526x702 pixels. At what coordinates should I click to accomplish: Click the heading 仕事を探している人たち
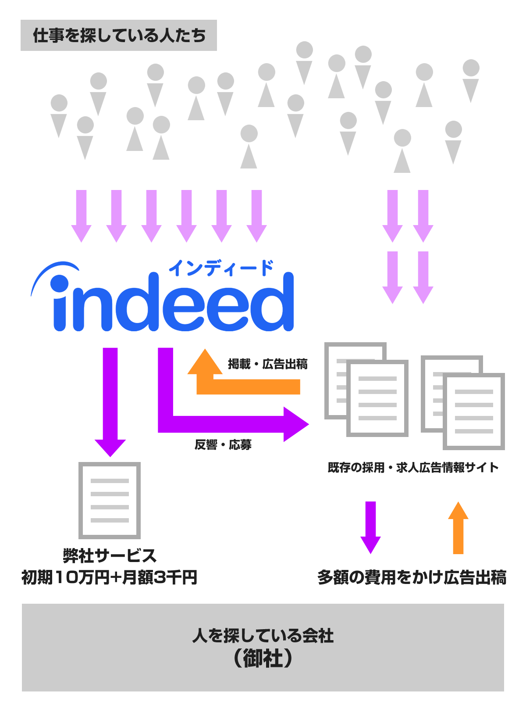click(x=119, y=36)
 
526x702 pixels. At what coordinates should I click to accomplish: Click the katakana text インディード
click(x=221, y=268)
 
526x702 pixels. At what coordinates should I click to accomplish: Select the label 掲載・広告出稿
click(x=267, y=364)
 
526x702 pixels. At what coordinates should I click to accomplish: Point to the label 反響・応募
click(x=223, y=445)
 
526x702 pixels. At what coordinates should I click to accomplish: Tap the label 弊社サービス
click(x=110, y=556)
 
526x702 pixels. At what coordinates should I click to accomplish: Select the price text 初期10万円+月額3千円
click(x=110, y=577)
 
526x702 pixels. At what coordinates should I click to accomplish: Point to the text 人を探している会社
click(x=263, y=636)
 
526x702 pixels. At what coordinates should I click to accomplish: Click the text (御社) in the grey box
click(x=263, y=659)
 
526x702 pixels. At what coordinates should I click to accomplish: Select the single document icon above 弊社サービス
click(x=110, y=500)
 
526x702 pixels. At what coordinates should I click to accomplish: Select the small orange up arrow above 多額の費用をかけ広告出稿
click(x=458, y=529)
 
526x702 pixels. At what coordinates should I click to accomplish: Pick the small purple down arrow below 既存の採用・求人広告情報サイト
click(x=370, y=526)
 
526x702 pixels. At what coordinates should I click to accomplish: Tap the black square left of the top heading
click(x=13, y=36)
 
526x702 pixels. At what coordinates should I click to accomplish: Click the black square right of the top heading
click(x=225, y=36)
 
